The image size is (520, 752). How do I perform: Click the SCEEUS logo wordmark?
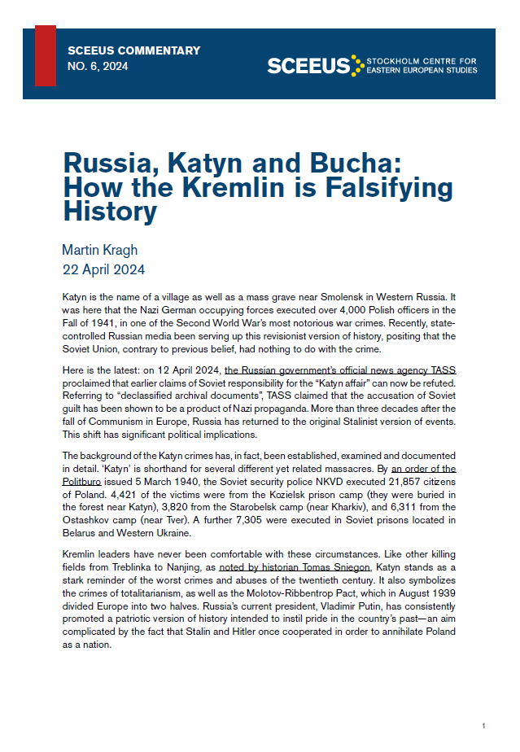(308, 66)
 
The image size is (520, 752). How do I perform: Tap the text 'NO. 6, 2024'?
(98, 68)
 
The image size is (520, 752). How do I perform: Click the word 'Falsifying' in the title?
(382, 187)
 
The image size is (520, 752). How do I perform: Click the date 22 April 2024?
(103, 268)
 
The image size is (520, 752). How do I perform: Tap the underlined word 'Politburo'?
(86, 479)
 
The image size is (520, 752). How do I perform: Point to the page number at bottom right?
(483, 725)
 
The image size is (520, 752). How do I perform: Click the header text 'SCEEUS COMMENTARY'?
(133, 51)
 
